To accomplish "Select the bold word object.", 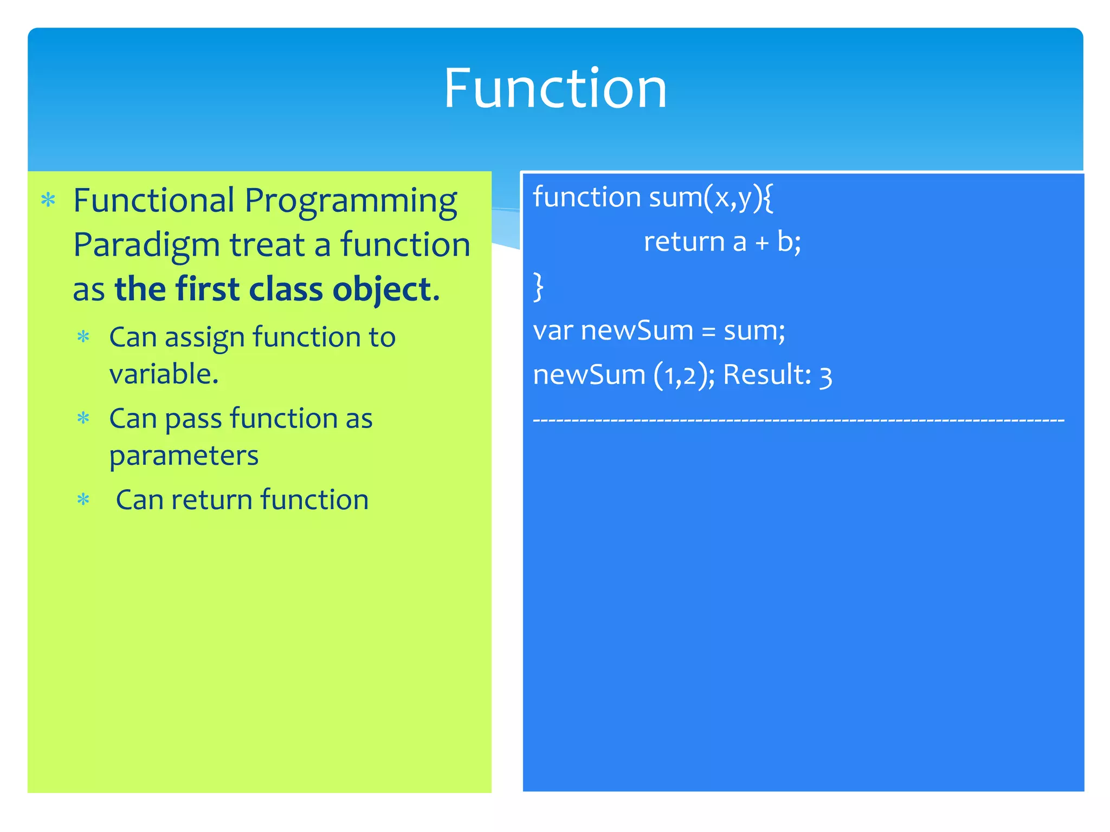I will tap(385, 290).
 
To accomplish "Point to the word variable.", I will tap(163, 374).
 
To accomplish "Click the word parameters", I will tap(184, 456).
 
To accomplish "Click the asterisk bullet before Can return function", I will tap(83, 499).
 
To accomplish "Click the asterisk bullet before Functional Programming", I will tap(48, 200).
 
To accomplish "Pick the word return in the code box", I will tap(683, 242).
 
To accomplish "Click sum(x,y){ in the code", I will tap(711, 197).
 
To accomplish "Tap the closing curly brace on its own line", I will tap(538, 287).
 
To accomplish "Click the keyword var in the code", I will tap(552, 331).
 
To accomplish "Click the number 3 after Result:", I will tap(825, 377).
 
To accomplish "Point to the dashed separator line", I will tap(798, 420).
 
